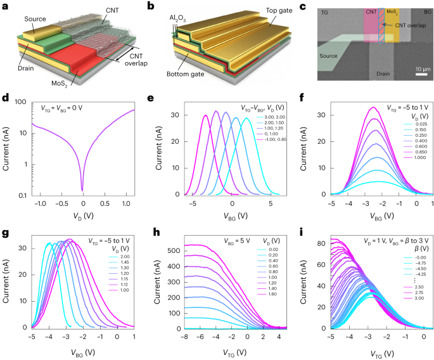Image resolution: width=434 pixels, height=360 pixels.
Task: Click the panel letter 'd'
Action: (5, 98)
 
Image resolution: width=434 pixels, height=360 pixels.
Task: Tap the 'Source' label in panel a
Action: (35, 19)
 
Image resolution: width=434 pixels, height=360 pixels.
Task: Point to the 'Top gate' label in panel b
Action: (279, 11)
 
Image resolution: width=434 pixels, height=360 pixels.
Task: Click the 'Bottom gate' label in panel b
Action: (185, 74)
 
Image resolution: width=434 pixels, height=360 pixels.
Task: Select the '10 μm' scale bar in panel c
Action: (421, 74)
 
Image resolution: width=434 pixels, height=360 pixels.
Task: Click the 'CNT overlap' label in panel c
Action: (411, 25)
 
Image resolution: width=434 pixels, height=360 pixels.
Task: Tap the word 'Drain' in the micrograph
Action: (383, 74)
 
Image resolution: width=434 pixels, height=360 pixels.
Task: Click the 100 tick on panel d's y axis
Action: (20, 102)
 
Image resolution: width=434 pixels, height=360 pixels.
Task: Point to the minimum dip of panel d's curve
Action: (82, 190)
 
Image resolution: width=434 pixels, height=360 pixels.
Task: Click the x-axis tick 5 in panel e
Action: (271, 203)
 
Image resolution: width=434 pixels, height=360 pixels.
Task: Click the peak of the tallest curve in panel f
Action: (373, 107)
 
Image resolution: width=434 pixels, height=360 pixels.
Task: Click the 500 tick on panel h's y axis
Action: (175, 250)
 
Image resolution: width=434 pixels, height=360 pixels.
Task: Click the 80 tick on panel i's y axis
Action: (322, 243)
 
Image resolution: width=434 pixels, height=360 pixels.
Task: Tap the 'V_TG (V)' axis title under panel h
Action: (234, 353)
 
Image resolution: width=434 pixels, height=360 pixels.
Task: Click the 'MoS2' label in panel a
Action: (60, 84)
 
